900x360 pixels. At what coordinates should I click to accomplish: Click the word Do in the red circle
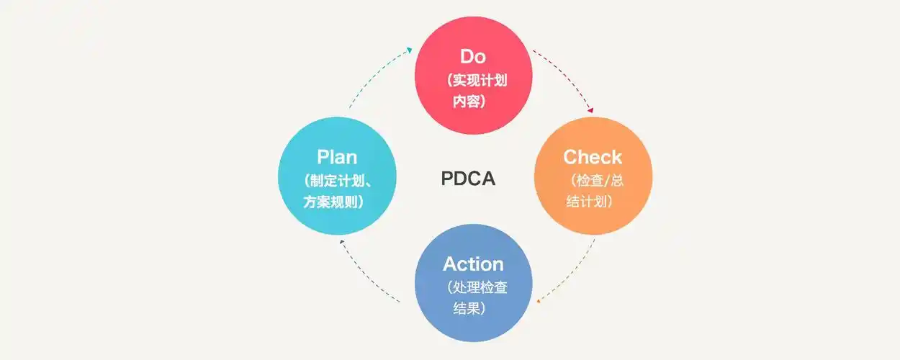coord(473,56)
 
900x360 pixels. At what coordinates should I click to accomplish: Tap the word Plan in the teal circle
coord(337,157)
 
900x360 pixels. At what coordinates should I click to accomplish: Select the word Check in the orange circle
coord(593,157)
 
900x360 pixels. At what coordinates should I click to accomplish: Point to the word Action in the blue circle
coord(473,264)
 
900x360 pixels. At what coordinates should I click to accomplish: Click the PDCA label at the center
coord(468,179)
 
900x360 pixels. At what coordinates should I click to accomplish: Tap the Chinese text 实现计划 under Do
coord(477,80)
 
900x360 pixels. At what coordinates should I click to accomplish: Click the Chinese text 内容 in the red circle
coord(468,102)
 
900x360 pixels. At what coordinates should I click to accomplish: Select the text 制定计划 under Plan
coord(336,180)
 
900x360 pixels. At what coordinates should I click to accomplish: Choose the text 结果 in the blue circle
coord(468,309)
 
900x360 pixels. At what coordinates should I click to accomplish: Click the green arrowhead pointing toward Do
coord(408,50)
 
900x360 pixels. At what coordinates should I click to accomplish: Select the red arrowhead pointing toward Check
coord(591,111)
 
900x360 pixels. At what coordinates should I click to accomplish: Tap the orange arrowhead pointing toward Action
coord(539,300)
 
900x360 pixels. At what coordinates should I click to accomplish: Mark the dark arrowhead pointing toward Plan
coord(343,243)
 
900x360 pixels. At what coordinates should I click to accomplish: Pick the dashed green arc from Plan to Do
coord(374,76)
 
